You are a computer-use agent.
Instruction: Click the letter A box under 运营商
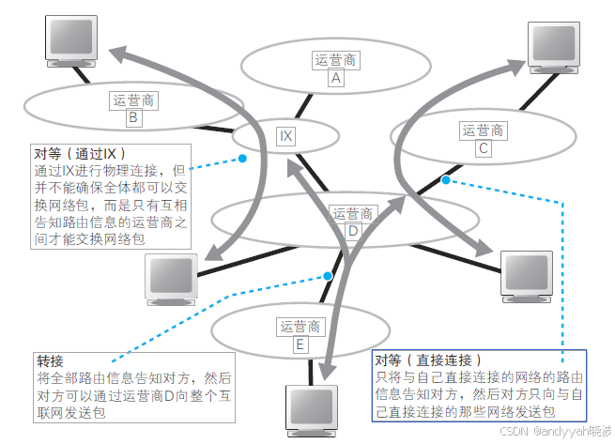coord(335,80)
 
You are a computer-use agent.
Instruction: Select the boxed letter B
coord(134,118)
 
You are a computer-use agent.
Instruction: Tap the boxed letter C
coord(483,148)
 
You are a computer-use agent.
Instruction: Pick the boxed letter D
coord(353,232)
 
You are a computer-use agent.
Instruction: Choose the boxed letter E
coord(300,344)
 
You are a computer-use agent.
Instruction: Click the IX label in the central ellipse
coord(286,136)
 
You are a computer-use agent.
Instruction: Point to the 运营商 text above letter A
coord(335,61)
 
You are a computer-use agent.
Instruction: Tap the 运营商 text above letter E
coord(300,327)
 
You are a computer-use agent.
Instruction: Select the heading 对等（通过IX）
coord(80,152)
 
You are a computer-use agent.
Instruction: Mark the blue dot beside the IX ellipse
coord(242,159)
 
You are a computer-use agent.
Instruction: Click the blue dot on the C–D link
coord(446,179)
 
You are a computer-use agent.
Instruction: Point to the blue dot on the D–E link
coord(328,276)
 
